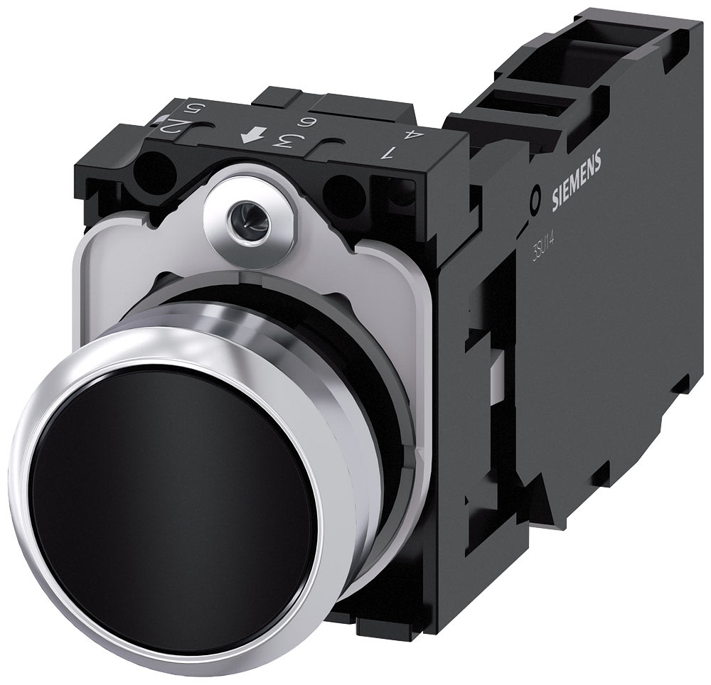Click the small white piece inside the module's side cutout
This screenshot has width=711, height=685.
coord(498,366)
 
